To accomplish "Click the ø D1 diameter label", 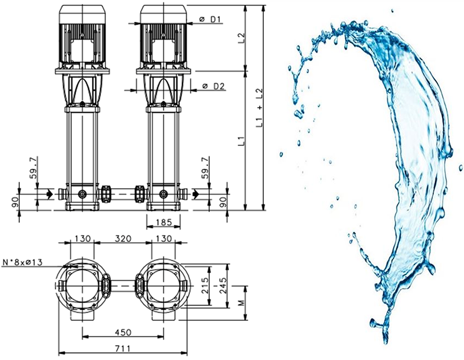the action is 210,19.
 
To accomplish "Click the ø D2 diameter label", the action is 214,86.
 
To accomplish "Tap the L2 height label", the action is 242,39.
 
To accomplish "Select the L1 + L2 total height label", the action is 259,108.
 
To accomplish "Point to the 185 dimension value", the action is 164,222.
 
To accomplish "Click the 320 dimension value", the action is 123,238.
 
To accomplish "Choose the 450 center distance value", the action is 123,332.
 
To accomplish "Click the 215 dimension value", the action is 205,285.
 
